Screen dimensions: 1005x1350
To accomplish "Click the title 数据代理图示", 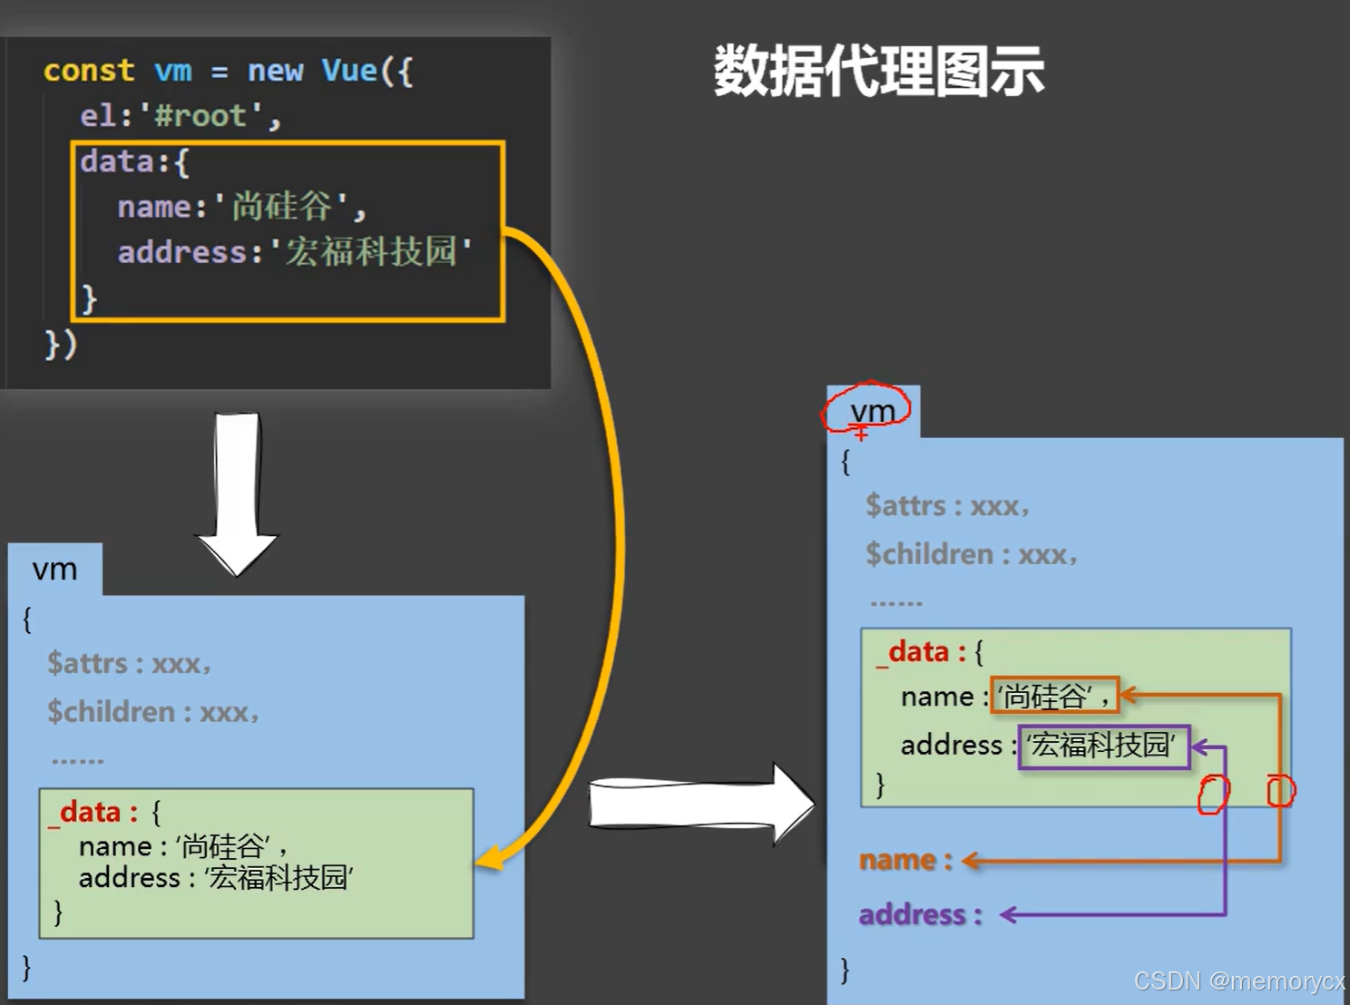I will coord(878,71).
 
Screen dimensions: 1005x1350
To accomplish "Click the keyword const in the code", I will coord(89,71).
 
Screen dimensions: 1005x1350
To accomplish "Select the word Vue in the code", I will coord(349,71).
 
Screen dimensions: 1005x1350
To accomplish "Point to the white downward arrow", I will coord(237,494).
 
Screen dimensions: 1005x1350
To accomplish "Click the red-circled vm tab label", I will coord(872,412).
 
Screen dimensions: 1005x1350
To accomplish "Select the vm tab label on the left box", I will coord(54,570).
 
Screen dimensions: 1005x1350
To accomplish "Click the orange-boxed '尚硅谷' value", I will coord(1054,696).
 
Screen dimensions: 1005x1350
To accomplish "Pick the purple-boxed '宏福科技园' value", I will coord(1103,746).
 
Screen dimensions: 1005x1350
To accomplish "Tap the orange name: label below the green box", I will coord(905,860).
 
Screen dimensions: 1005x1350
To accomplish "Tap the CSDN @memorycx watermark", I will coord(1239,981).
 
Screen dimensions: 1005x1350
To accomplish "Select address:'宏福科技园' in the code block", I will coord(294,252).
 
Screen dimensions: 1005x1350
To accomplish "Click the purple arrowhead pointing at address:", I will coord(1008,915).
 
